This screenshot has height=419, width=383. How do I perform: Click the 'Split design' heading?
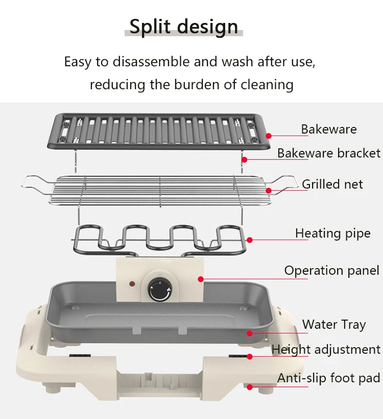184,27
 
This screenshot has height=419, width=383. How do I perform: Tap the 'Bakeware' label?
329,129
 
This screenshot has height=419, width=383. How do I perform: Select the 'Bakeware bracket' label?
329,153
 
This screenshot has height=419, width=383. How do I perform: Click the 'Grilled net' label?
332,184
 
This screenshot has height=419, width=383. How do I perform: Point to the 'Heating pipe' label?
333,233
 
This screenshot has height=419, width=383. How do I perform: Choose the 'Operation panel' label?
332,270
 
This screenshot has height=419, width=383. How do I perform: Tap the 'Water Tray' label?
334,324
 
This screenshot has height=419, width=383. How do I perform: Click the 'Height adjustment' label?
326,349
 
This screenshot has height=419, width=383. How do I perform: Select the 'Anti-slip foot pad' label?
329,378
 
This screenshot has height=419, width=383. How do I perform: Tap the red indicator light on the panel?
132,283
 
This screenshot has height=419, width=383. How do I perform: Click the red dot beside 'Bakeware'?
269,136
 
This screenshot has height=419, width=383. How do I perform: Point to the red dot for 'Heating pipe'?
250,240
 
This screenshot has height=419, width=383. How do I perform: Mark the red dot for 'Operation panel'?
201,279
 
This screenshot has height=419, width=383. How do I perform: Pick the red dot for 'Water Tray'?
250,333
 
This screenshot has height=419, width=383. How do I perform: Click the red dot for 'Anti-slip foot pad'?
250,387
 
